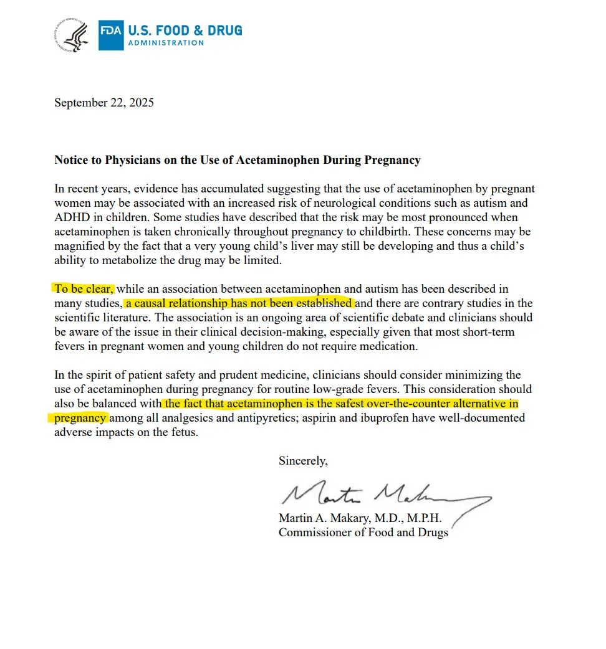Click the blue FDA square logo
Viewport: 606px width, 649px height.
click(111, 35)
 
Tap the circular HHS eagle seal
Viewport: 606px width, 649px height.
click(74, 35)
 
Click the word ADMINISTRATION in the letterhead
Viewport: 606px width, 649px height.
click(166, 43)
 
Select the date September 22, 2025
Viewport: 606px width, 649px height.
click(103, 103)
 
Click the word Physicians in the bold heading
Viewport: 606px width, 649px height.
click(136, 160)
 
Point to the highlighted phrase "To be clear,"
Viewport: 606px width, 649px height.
click(84, 289)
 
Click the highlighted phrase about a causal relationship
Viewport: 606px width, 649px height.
click(239, 303)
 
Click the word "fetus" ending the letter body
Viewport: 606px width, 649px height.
click(183, 432)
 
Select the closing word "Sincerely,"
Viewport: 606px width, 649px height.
click(302, 461)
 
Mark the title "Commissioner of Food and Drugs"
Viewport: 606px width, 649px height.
click(363, 533)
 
